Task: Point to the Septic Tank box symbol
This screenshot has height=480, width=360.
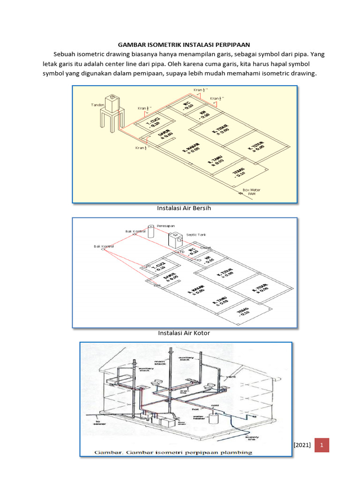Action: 175,240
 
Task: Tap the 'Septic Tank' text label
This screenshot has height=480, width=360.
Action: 196,234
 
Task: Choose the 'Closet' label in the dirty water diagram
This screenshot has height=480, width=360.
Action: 206,247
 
